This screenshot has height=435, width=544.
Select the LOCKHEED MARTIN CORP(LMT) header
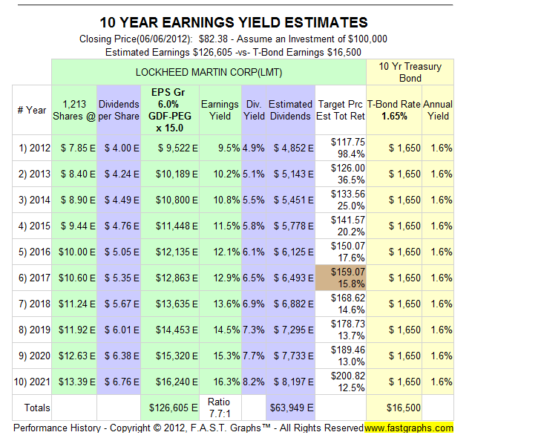[209, 72]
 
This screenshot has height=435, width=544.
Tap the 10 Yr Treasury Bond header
[410, 72]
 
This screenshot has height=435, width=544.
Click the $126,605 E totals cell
[170, 408]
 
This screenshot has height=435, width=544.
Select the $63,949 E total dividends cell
[289, 408]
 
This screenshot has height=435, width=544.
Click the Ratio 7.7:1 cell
[220, 408]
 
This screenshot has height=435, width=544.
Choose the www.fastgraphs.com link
[409, 428]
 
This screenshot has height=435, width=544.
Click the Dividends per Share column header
[119, 110]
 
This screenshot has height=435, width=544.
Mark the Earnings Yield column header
[220, 110]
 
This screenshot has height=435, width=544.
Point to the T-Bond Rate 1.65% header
[393, 110]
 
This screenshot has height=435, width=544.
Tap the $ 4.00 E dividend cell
[119, 148]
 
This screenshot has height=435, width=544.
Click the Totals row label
[36, 408]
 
